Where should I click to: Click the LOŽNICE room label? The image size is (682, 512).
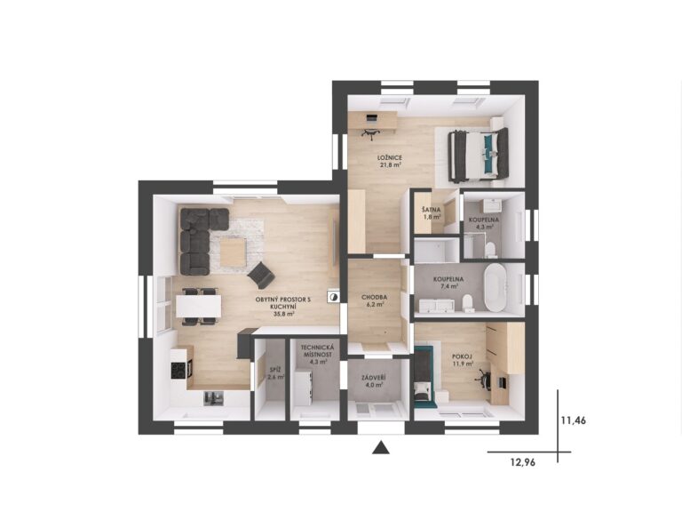coord(389,157)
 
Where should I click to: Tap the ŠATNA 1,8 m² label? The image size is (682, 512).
coord(432,213)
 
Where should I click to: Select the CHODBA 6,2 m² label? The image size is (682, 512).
coord(374,300)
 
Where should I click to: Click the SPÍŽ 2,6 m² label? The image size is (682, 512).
coord(275,373)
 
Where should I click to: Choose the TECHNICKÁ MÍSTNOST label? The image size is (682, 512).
coord(318,351)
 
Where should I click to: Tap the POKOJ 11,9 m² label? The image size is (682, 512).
coord(462,360)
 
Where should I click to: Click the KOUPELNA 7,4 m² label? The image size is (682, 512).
coord(448,283)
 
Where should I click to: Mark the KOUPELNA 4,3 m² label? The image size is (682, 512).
coord(484,223)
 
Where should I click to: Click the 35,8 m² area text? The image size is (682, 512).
coord(282,314)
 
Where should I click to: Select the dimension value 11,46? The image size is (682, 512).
coord(574,420)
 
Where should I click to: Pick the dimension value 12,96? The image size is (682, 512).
coord(523,462)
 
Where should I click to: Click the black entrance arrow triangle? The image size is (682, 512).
coord(381,448)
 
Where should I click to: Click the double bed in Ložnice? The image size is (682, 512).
coord(478,154)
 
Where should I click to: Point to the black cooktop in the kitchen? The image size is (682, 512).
coord(178,371)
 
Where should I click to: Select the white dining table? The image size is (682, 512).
coord(198,306)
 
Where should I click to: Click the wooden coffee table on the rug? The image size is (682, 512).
coord(233,253)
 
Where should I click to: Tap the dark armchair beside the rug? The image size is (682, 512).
coord(261,276)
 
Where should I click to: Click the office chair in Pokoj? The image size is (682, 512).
coord(485,377)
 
